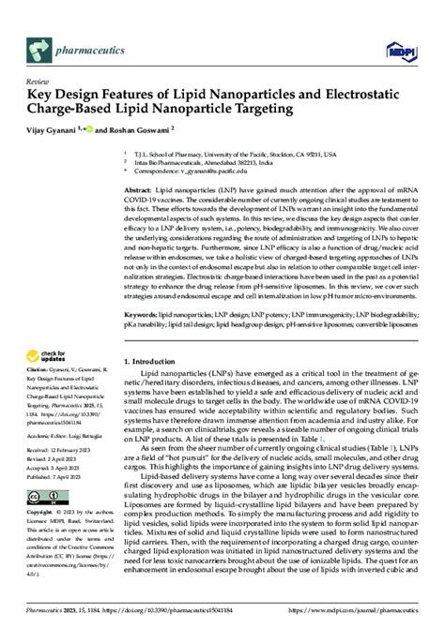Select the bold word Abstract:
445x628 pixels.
click(141, 189)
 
